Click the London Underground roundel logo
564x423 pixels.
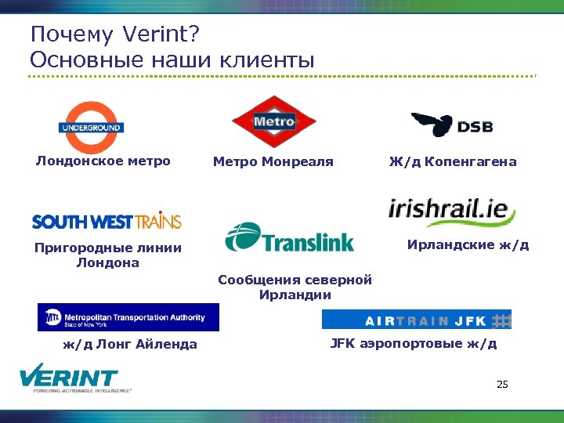pyautogui.click(x=90, y=127)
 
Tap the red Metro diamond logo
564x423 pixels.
pyautogui.click(x=273, y=121)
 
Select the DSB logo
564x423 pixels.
pyautogui.click(x=452, y=125)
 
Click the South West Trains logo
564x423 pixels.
pyautogui.click(x=107, y=221)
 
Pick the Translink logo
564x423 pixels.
pyautogui.click(x=289, y=238)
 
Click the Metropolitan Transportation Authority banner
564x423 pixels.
pyautogui.click(x=128, y=317)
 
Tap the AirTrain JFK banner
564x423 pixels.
pyautogui.click(x=417, y=320)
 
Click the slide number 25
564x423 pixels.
pyautogui.click(x=502, y=384)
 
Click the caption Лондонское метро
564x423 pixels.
pyautogui.click(x=103, y=161)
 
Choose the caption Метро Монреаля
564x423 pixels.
pyautogui.click(x=273, y=162)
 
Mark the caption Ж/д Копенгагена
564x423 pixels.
pyautogui.click(x=453, y=162)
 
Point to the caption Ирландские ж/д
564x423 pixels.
pyautogui.click(x=468, y=244)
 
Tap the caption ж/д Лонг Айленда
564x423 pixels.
pyautogui.click(x=130, y=344)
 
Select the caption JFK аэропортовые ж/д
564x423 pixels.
pyautogui.click(x=413, y=343)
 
